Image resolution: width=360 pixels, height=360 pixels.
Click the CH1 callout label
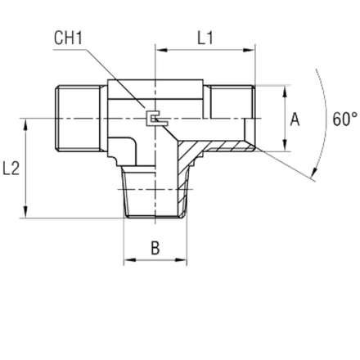click(68, 38)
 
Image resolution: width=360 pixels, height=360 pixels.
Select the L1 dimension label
click(205, 38)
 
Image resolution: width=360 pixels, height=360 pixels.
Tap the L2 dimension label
click(11, 169)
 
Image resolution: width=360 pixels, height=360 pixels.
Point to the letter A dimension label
click(295, 119)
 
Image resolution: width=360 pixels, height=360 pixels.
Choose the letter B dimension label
click(155, 248)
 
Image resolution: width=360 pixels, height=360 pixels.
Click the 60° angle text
click(344, 119)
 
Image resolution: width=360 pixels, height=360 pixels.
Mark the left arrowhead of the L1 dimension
click(161, 50)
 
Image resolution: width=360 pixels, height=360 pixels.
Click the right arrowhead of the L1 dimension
click(249, 50)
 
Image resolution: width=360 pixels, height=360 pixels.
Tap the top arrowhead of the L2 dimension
click(25, 124)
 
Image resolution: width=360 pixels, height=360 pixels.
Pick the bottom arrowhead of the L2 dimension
click(25, 212)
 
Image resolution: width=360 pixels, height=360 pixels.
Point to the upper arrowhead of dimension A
click(285, 91)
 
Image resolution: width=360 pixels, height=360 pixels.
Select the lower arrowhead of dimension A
click(285, 146)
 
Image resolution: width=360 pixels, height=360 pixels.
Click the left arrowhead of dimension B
click(130, 260)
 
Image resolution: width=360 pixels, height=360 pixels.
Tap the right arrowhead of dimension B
click(181, 260)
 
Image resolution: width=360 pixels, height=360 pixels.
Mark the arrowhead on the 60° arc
click(314, 173)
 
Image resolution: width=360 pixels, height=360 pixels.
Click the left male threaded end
click(79, 119)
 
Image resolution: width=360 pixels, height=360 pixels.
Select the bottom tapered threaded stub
click(155, 191)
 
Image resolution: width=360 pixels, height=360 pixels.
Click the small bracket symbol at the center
click(155, 119)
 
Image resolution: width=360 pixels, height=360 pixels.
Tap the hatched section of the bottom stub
click(183, 174)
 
